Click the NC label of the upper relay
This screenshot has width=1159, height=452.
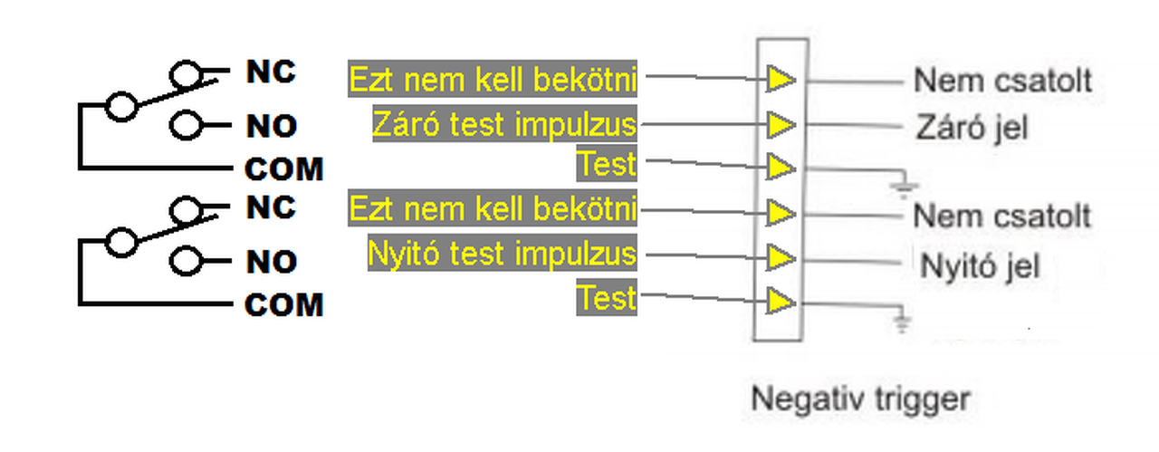pos(271,72)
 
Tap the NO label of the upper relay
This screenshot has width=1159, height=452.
pos(271,126)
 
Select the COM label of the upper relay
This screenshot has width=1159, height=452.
pos(283,169)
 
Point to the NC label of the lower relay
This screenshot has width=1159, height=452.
pos(271,207)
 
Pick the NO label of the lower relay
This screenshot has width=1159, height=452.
pos(271,262)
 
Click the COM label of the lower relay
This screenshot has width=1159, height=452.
pos(283,305)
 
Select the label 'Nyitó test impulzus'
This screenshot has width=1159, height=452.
pos(502,255)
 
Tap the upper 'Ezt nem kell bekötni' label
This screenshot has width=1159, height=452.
pos(493,80)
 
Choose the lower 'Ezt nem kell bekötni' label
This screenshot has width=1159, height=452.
pos(493,211)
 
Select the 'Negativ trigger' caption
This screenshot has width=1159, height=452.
pos(861,398)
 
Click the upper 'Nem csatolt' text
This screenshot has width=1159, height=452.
pos(1002,81)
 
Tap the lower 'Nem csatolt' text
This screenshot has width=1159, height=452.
pos(1002,216)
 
